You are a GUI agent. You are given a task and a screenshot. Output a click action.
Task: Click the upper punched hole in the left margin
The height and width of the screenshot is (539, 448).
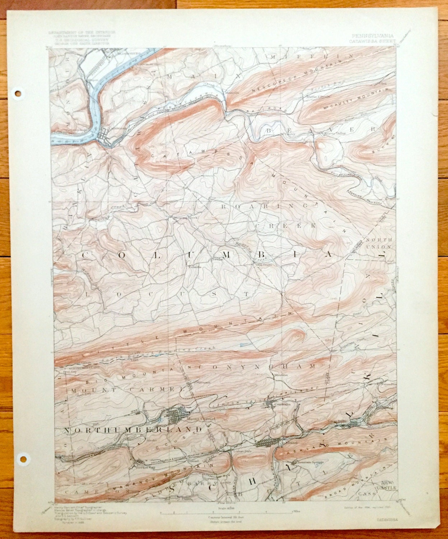pyautogui.click(x=18, y=93)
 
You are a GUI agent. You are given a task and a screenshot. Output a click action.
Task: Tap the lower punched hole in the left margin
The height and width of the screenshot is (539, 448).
pyautogui.click(x=24, y=459)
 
